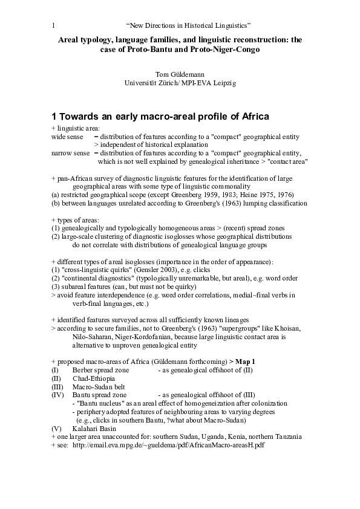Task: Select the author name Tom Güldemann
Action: point(180,74)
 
